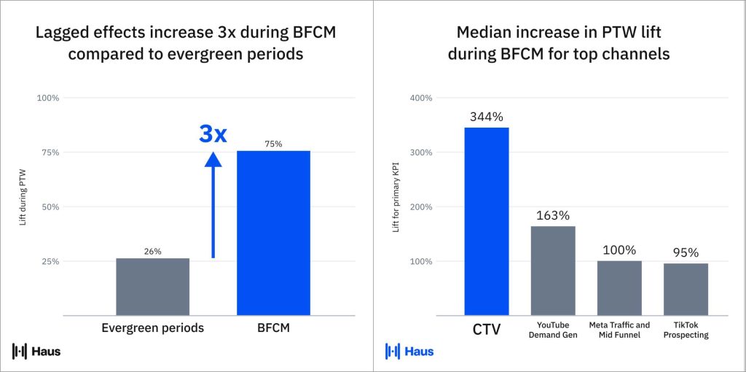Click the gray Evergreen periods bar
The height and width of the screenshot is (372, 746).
(x=152, y=287)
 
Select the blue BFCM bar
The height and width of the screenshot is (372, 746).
(x=273, y=233)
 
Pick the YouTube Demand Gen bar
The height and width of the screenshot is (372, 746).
(x=552, y=271)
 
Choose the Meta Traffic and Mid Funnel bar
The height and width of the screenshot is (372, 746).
(x=619, y=287)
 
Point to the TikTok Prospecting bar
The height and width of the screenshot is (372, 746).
(x=686, y=289)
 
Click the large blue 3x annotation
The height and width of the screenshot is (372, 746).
(x=213, y=134)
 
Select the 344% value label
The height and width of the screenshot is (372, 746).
(x=486, y=116)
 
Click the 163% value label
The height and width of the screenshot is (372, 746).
(x=552, y=215)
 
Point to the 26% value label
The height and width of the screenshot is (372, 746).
(x=152, y=252)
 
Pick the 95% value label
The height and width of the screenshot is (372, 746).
(x=686, y=252)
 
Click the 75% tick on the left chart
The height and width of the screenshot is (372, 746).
(x=49, y=152)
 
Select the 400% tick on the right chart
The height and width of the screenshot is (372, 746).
(x=422, y=98)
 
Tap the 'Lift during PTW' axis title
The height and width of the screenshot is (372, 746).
(x=23, y=206)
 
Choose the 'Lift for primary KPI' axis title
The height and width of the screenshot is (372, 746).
(x=396, y=206)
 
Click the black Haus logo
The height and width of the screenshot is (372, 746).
(x=36, y=352)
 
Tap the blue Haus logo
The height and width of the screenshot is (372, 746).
(x=409, y=352)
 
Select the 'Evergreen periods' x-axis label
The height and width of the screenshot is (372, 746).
(x=152, y=328)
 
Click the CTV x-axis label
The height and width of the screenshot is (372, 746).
(x=486, y=329)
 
